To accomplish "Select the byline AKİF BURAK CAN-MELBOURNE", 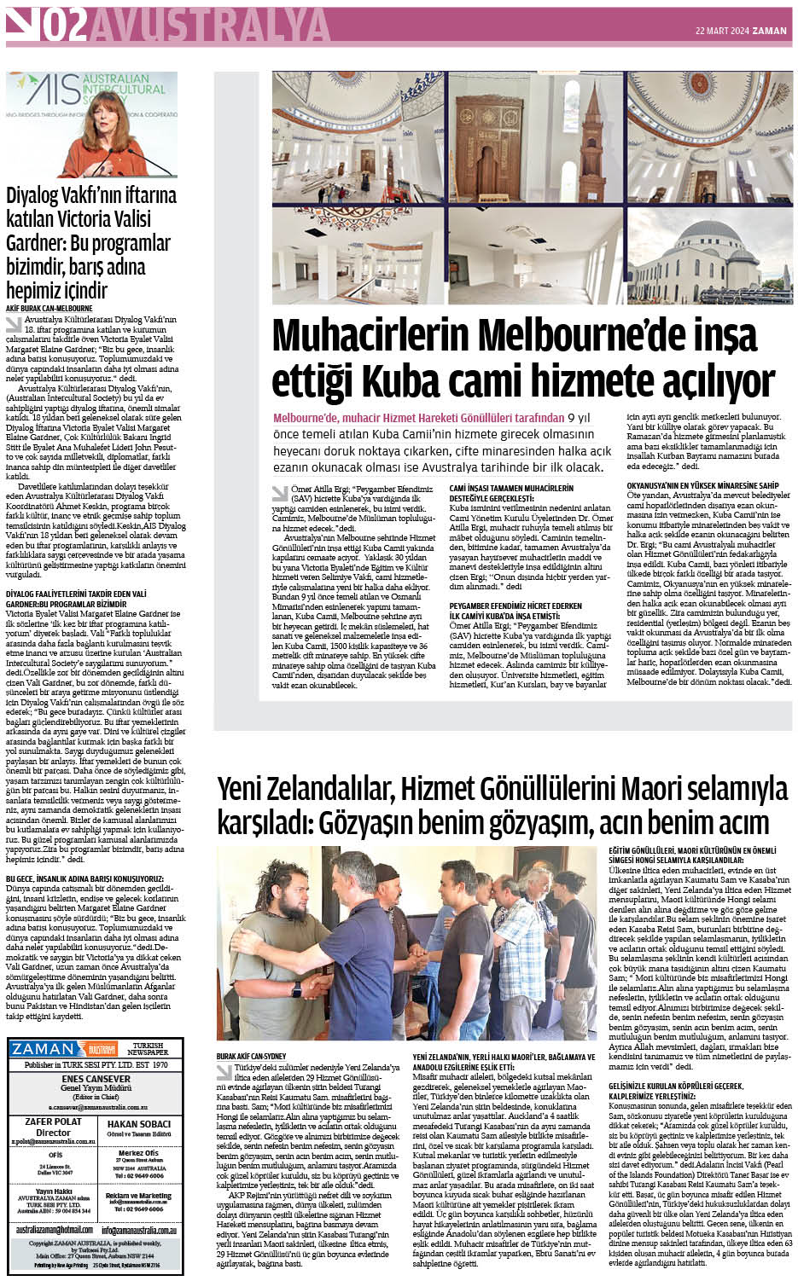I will point(50,308).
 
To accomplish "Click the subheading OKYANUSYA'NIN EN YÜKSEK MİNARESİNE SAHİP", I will point(702,485).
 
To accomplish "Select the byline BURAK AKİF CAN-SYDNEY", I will point(251,1056).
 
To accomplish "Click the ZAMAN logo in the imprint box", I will point(44,1049).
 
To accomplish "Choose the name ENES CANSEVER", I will point(96,1079).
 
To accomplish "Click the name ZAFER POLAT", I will point(53,1122).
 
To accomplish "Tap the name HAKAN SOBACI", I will point(138,1123).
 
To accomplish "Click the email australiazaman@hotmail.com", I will point(54,1230).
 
